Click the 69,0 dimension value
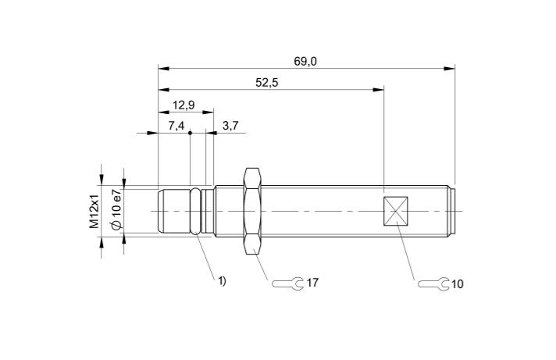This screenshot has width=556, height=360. [x=305, y=60]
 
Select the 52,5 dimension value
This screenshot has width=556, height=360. [x=267, y=82]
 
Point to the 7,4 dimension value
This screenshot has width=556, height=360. [x=175, y=125]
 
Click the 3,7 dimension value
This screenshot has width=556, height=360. [x=230, y=125]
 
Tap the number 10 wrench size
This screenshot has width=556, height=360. [x=458, y=283]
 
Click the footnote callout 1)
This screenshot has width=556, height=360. [x=222, y=280]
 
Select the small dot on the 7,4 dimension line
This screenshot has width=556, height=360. [x=190, y=133]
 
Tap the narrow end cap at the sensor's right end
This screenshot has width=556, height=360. [x=452, y=211]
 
